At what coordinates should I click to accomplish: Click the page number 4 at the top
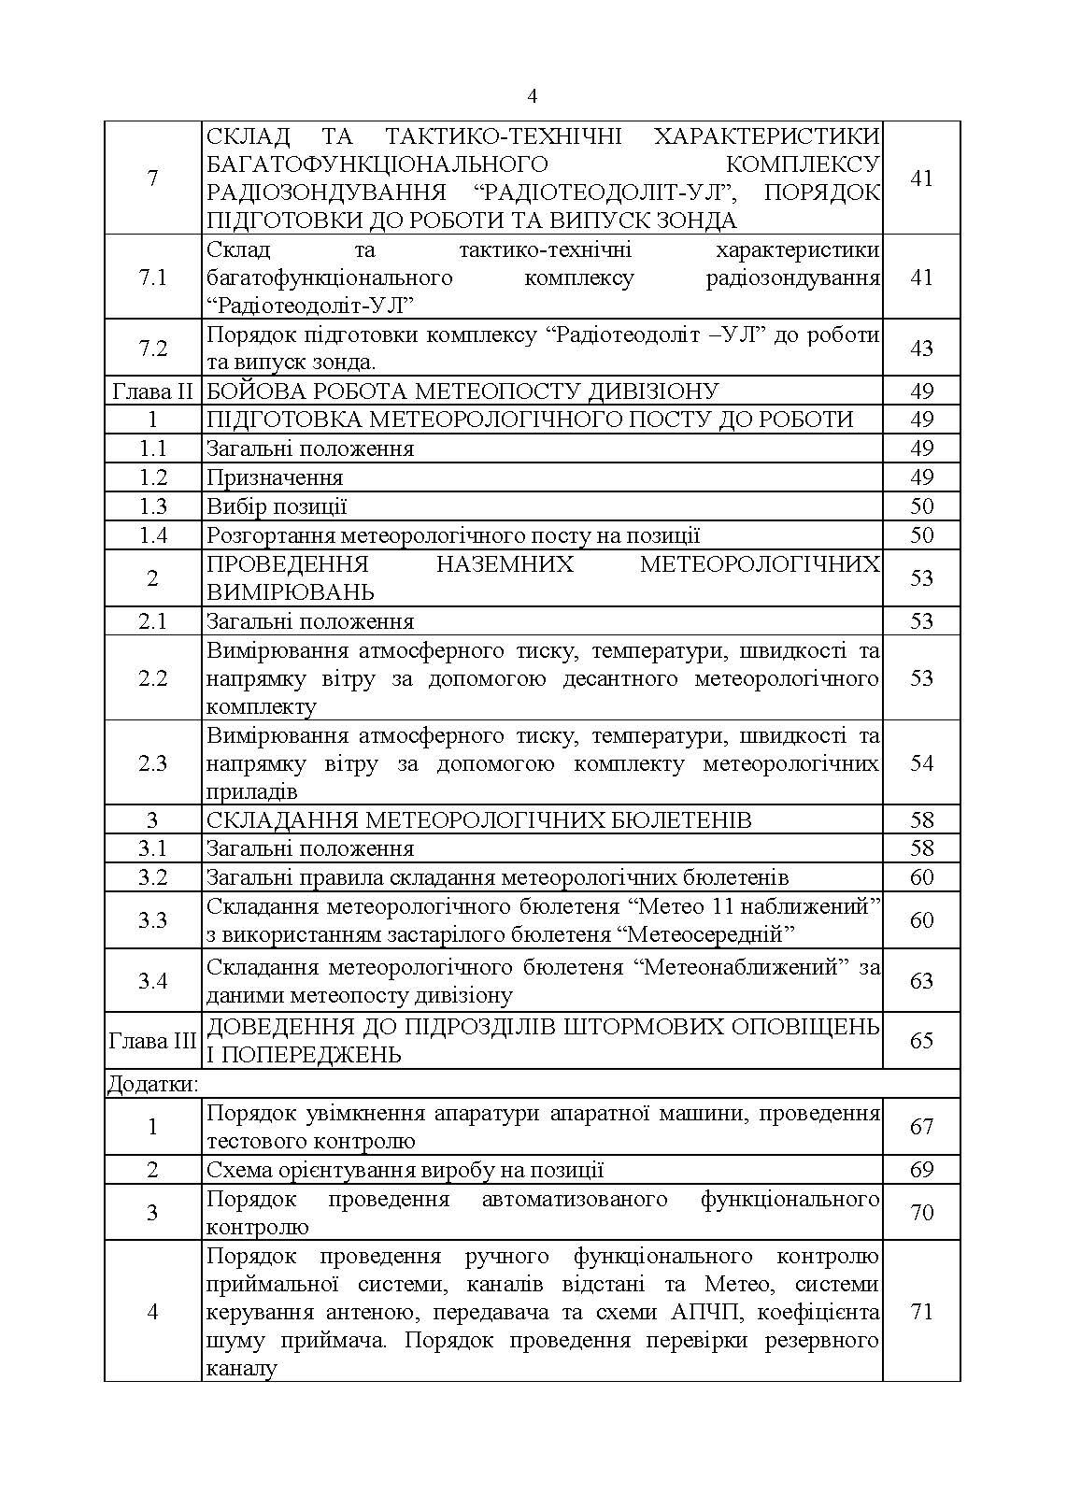click(x=533, y=96)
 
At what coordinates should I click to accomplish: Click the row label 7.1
click(x=152, y=278)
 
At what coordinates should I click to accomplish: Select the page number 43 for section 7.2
click(x=921, y=349)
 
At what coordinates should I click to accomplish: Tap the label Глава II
click(x=152, y=391)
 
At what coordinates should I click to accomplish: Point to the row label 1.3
click(x=152, y=506)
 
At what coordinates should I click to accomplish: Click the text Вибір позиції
click(x=277, y=506)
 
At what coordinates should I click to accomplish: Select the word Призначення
click(x=275, y=477)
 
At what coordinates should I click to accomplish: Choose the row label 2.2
click(x=152, y=678)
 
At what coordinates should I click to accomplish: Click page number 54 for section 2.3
click(x=921, y=763)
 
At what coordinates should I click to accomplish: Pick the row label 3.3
click(x=152, y=920)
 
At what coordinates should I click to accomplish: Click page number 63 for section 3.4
click(x=921, y=981)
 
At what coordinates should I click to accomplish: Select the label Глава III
click(x=152, y=1041)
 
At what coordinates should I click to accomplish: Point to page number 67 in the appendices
click(x=921, y=1127)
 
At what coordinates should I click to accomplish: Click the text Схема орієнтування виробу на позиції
click(x=405, y=1170)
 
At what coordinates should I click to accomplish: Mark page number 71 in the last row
click(x=921, y=1312)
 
